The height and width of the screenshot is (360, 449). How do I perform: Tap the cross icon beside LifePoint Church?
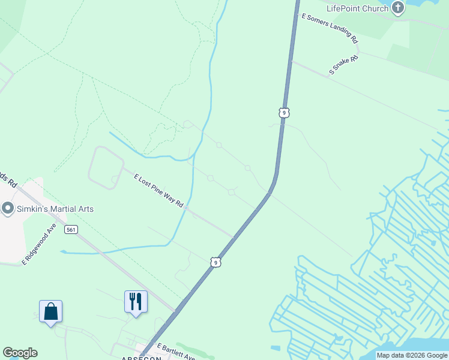(x=397, y=8)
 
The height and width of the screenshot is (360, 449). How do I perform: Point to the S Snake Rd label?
(x=344, y=65)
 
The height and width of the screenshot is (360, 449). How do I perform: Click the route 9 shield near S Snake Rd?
(x=284, y=112)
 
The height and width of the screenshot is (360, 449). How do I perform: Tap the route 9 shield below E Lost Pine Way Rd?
(x=215, y=262)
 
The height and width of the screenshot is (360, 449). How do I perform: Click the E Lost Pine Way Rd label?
(x=158, y=191)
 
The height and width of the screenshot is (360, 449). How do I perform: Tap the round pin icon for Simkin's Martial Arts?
(x=8, y=209)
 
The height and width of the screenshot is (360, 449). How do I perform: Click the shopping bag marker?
(x=50, y=312)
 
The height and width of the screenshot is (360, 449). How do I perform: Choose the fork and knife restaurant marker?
(x=136, y=302)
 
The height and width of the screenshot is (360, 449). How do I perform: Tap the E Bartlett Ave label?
(x=176, y=352)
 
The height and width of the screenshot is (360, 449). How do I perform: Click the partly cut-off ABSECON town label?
(x=141, y=358)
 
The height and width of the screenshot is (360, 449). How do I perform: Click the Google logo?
(x=20, y=353)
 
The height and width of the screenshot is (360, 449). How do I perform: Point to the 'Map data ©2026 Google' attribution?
(x=412, y=355)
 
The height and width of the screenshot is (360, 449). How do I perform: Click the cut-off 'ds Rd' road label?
(x=6, y=178)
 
